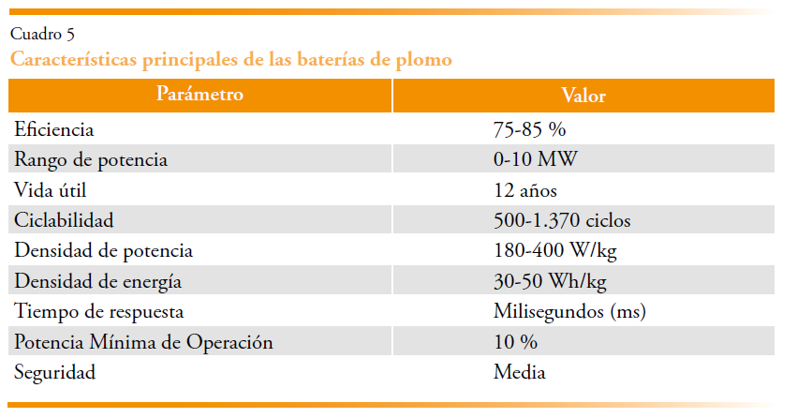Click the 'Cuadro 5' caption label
coord(42,35)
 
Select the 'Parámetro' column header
coord(200,95)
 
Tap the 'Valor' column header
coord(583,96)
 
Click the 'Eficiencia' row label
coord(53,129)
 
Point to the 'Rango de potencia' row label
coord(91,159)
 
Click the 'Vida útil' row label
coord(50,190)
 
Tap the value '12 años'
coord(525,190)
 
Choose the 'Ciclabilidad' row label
coord(64,221)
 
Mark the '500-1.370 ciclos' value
coord(562,221)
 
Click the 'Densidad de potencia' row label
coord(103,251)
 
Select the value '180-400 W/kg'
coord(555,251)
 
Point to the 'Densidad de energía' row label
coord(97,281)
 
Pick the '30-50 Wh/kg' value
coord(550,281)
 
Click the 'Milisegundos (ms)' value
coord(569,311)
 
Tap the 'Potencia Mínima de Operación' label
coord(143,342)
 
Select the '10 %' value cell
coord(515,342)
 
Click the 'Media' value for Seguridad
coord(520,372)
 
